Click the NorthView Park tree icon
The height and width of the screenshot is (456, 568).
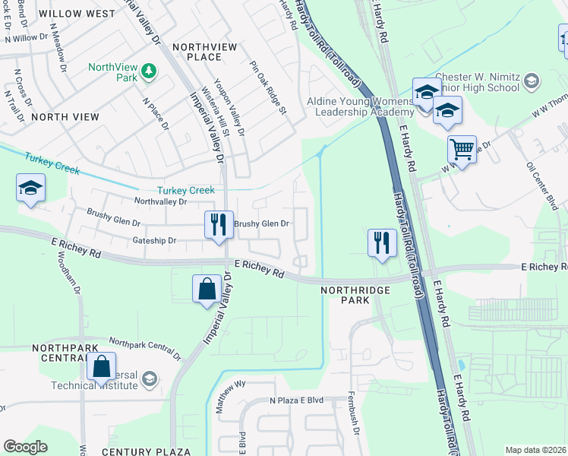click(x=150, y=71)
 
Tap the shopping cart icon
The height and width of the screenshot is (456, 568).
click(x=462, y=149)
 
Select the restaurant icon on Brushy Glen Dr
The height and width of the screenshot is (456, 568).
click(x=217, y=224)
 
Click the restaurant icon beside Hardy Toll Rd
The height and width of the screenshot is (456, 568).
click(x=382, y=242)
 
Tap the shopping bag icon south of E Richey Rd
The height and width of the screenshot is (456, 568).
click(x=207, y=288)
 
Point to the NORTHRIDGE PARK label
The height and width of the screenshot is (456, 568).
click(x=355, y=295)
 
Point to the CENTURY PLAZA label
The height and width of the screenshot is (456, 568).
click(x=146, y=451)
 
